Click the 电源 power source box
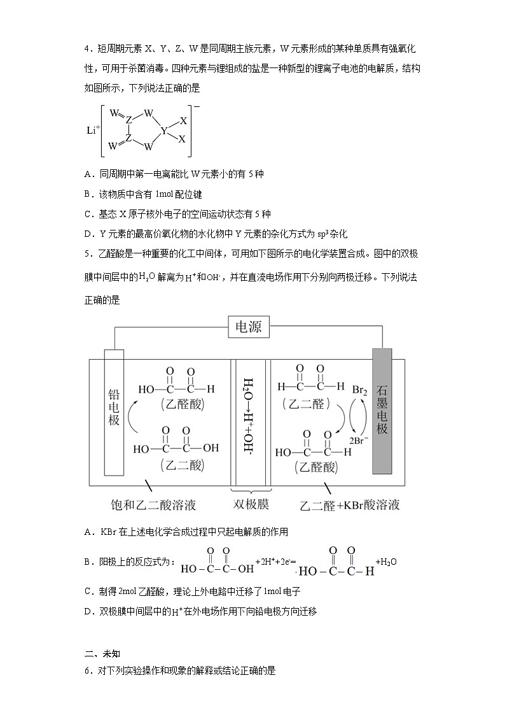[249, 328]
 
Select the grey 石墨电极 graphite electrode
[382, 411]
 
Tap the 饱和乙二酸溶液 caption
[153, 505]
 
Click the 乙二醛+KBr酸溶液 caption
[350, 505]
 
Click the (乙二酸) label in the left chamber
[175, 465]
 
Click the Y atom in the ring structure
[164, 131]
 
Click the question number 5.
[87, 253]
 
